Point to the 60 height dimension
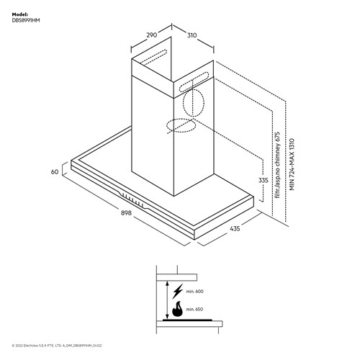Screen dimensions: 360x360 coord(54,173)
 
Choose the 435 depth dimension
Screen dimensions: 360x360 coord(234,229)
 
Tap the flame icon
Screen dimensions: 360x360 coord(176,310)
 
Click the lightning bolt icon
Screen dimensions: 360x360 coord(176,292)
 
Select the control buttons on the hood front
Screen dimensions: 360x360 coord(132,200)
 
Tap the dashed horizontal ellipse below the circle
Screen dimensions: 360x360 coord(181,127)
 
